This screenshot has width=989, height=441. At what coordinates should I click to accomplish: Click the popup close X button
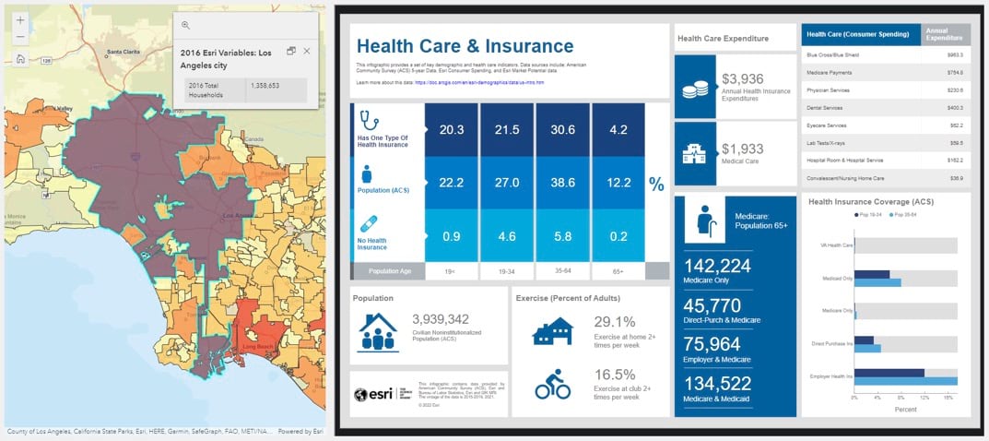tap(307, 51)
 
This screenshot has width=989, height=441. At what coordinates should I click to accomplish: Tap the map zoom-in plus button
tap(20, 19)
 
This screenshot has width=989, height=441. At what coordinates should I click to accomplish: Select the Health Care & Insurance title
tap(465, 46)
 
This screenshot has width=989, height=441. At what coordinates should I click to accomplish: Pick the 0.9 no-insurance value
tap(452, 236)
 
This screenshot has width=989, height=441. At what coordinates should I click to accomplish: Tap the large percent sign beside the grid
tap(656, 185)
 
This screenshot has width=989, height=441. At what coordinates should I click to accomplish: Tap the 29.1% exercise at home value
tap(615, 322)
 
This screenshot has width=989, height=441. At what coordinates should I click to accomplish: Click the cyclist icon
tap(553, 383)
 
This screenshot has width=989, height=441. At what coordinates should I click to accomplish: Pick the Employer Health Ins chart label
tap(831, 376)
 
